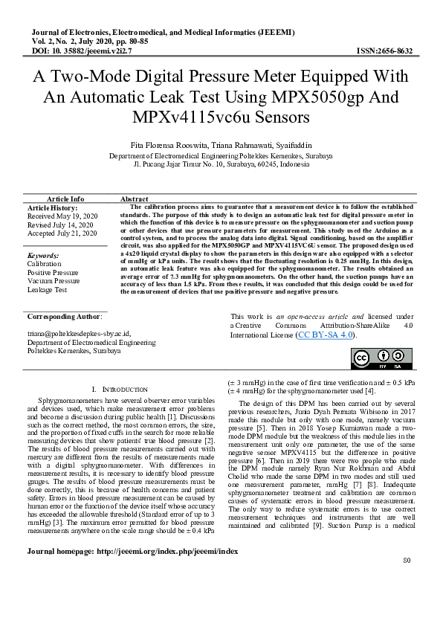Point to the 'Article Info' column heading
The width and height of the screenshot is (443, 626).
click(65, 199)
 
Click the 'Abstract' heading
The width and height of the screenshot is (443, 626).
click(135, 199)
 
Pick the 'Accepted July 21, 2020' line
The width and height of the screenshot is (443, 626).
click(62, 233)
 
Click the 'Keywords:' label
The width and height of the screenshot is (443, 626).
click(42, 255)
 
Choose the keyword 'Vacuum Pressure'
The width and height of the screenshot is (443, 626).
click(54, 282)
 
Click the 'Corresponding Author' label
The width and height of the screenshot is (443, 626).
click(63, 317)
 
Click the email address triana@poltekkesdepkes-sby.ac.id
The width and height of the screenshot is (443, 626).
click(79, 335)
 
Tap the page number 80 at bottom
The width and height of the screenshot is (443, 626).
click(405, 601)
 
